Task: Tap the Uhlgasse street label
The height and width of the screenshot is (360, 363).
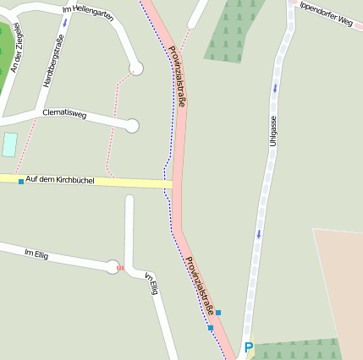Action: tap(272, 131)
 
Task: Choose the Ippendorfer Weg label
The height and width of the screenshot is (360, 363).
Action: tap(326, 14)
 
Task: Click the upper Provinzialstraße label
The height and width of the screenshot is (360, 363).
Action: tap(178, 75)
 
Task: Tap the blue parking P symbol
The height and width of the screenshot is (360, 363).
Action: tap(249, 346)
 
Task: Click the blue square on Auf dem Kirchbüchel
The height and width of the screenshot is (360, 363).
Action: tap(21, 181)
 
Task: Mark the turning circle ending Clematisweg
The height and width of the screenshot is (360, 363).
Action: tap(131, 126)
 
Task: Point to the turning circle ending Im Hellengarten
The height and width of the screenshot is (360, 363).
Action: tap(135, 68)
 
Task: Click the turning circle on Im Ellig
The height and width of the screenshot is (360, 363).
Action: tap(112, 267)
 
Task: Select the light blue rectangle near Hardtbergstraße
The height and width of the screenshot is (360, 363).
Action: tap(9, 145)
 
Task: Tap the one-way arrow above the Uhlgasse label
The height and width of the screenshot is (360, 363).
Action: tap(274, 87)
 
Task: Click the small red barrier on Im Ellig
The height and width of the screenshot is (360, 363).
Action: tap(120, 268)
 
